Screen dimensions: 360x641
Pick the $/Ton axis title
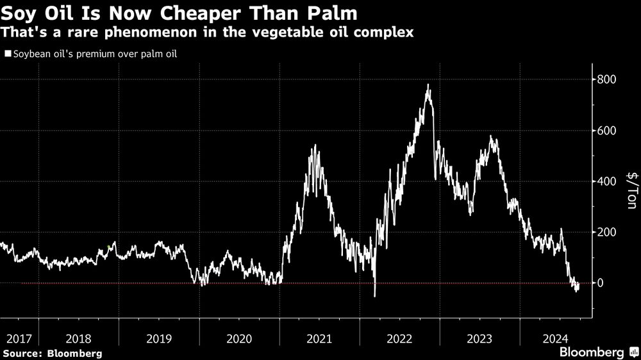(x=631, y=190)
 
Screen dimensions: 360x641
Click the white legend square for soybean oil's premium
(x=8, y=54)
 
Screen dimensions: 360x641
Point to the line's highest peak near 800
(x=428, y=85)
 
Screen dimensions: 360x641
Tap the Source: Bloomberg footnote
(x=53, y=353)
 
